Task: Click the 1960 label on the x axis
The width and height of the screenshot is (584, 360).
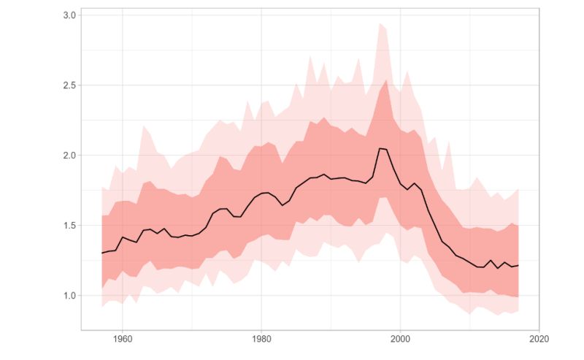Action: point(122,340)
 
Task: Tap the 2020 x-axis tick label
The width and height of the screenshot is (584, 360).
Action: point(539,340)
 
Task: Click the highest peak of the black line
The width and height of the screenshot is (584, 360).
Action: point(380,148)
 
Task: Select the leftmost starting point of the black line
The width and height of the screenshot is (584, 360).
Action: point(101,253)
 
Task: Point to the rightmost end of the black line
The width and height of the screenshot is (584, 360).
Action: point(518,265)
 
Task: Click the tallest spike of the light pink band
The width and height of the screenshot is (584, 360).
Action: point(380,23)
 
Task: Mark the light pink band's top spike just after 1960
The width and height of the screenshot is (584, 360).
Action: point(143,126)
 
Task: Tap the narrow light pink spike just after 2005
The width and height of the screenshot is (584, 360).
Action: point(449,142)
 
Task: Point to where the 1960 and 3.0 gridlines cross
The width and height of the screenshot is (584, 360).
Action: point(122,15)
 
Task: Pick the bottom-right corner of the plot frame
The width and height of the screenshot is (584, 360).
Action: point(539,329)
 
